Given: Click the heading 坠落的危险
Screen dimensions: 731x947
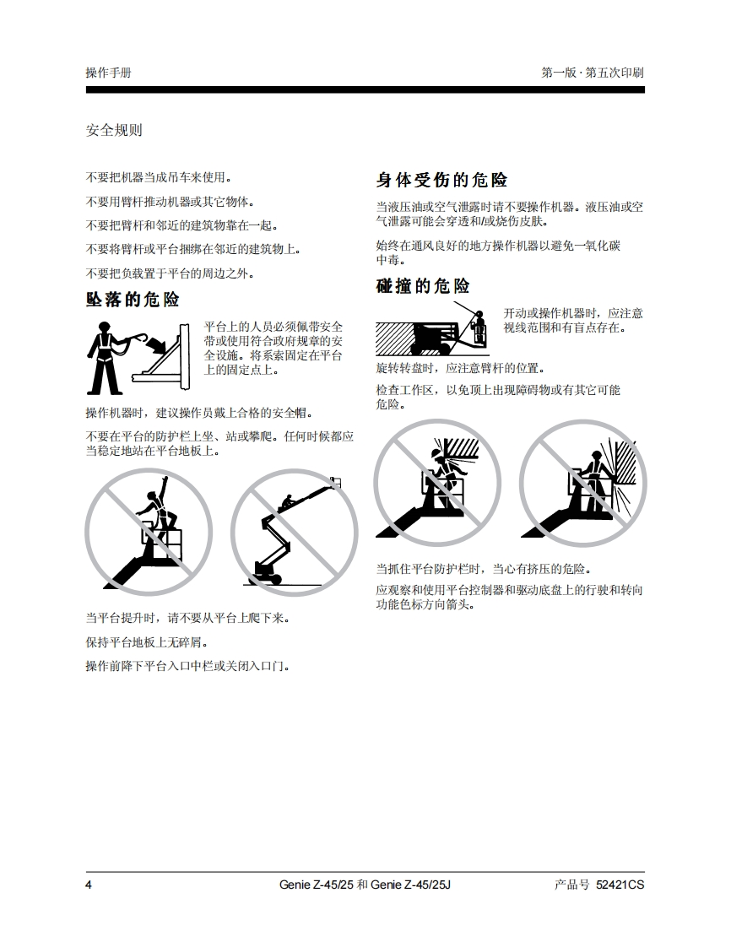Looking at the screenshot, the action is pos(133,300).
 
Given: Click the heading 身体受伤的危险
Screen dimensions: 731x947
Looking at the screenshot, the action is pos(441,180).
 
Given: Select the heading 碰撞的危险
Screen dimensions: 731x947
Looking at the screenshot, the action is pos(423,285).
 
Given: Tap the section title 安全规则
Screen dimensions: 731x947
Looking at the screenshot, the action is pos(114,130).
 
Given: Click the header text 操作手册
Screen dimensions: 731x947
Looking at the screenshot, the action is pos(108,73).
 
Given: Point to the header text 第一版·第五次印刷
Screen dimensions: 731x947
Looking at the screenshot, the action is pos(593,73).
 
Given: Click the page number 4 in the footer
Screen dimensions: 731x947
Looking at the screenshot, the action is pos(89,885).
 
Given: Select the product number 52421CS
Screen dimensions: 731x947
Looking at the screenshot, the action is pos(620,885).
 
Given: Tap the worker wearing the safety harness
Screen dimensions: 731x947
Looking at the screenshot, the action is pos(104,358).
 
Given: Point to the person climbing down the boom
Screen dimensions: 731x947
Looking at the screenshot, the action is pos(288,502).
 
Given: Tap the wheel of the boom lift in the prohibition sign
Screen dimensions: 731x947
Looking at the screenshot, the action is pos(276,579).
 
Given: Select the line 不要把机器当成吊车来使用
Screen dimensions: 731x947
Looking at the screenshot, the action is pos(159,177).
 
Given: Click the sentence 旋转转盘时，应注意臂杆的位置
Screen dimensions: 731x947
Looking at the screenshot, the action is pos(461,368).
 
